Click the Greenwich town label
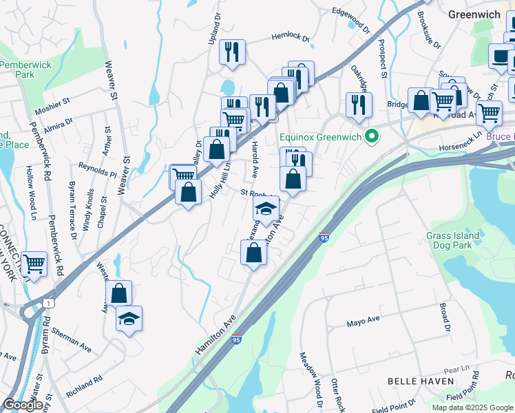474,14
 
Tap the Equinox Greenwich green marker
372,137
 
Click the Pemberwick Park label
17,69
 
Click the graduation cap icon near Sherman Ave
129,319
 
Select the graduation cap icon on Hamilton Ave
266,207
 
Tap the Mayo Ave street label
364,321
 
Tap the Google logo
23,405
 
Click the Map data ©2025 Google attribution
472,407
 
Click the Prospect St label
383,58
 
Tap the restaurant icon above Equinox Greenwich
359,104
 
